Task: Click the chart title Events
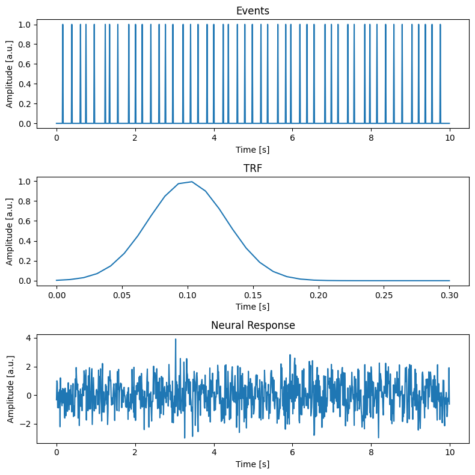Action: coord(253,11)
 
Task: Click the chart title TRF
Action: coord(253,168)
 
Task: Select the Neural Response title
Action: coord(253,326)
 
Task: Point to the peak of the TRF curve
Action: coord(191,182)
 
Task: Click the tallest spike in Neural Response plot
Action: coord(176,340)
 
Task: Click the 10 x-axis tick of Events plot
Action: coord(449,138)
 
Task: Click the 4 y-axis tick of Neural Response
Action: coord(28,338)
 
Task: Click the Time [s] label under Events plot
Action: coord(253,149)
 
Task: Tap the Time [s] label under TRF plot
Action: coord(253,307)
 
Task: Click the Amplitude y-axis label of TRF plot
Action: coord(10,231)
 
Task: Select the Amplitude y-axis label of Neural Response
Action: coord(10,388)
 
